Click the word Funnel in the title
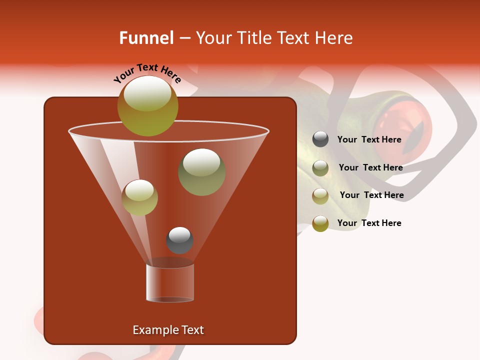coord(146,38)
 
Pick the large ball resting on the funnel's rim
coord(147,106)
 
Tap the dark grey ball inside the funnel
coord(179,240)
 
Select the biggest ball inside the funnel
coord(201,172)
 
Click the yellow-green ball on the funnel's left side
coord(139,197)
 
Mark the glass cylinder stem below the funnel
coord(170,282)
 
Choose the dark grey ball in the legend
coord(320,139)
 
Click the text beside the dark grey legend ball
coord(369,140)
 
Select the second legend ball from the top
coord(320,168)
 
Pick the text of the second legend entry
coord(370,168)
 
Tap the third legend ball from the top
coord(320,196)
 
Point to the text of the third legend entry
coord(371,195)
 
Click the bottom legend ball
coord(320,223)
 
